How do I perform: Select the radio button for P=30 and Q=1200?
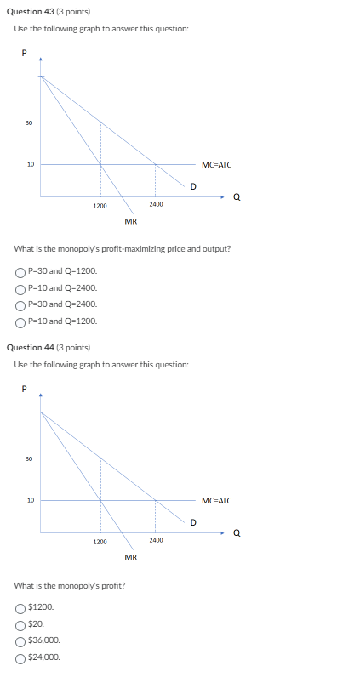[20, 272]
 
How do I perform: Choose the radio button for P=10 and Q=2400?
[20, 288]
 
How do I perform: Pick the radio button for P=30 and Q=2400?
[20, 304]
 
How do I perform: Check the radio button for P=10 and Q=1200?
[20, 321]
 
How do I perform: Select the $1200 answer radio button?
[20, 608]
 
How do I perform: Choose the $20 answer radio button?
[20, 624]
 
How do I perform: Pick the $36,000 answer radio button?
[20, 640]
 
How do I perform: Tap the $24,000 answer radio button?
[20, 657]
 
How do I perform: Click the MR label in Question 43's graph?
[131, 221]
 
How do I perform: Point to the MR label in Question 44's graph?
[131, 557]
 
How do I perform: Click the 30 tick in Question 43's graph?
[28, 123]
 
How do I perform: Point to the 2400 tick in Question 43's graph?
[155, 205]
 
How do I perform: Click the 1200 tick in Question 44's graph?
[100, 542]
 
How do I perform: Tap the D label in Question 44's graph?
[193, 521]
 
